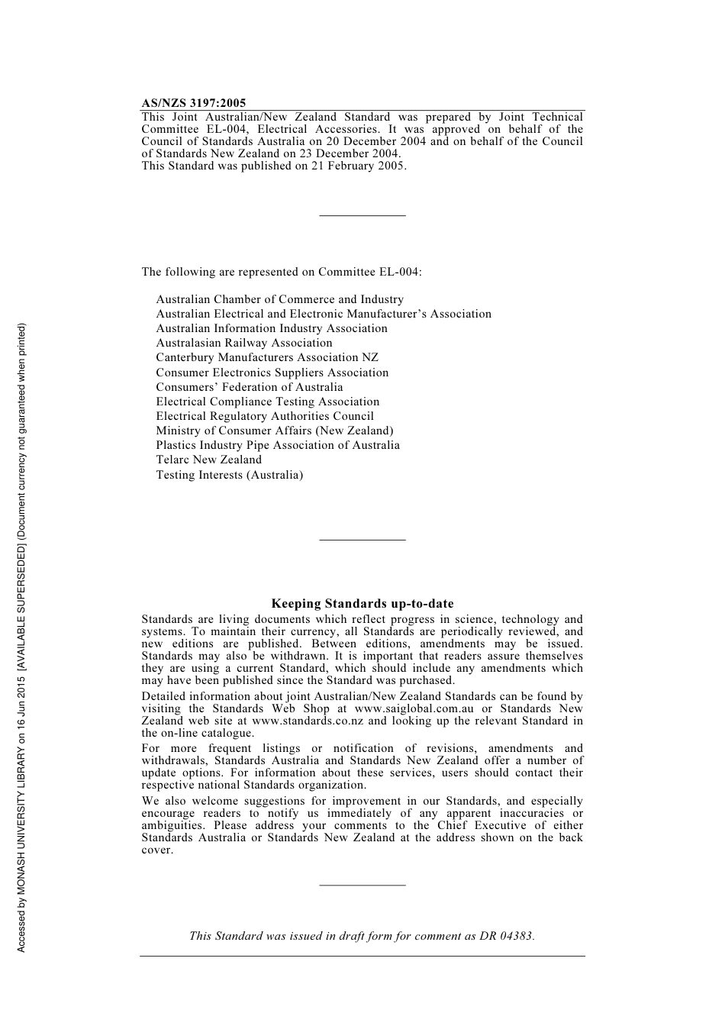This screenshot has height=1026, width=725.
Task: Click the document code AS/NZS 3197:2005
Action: tap(194, 103)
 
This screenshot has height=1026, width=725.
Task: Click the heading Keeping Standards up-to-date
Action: tap(362, 604)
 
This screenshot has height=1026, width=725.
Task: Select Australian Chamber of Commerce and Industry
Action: tap(279, 299)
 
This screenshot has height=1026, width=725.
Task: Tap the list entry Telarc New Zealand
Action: tap(208, 460)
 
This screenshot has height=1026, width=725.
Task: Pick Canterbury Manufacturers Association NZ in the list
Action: tap(267, 357)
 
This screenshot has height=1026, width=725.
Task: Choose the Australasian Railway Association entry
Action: tap(243, 343)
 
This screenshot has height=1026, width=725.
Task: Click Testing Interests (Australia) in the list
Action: tap(229, 475)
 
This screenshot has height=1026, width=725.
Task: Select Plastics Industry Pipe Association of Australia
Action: tap(278, 445)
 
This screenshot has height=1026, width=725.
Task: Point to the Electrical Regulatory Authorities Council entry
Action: tap(265, 416)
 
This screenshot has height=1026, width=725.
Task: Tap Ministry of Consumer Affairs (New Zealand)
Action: tap(274, 431)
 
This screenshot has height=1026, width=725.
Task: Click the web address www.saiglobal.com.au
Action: tap(414, 708)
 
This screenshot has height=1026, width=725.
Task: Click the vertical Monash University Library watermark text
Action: tap(22, 637)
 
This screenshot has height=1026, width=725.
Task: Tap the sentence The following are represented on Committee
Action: tap(281, 272)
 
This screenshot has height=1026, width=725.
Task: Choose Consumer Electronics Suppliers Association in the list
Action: tap(272, 373)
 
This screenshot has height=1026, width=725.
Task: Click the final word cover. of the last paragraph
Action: tap(157, 850)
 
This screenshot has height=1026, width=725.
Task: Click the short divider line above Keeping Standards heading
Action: tap(362, 540)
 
